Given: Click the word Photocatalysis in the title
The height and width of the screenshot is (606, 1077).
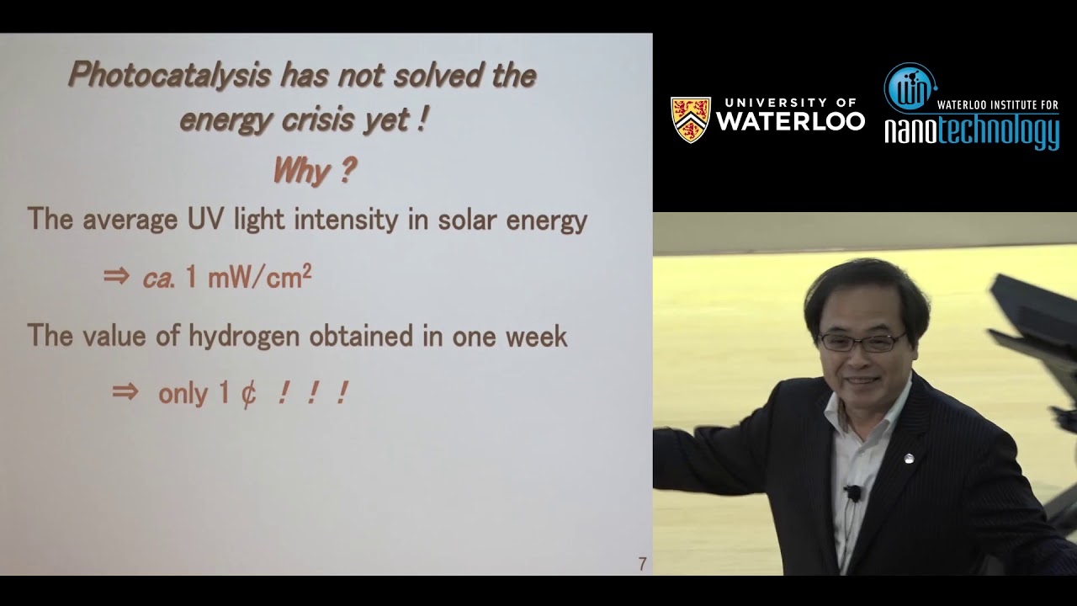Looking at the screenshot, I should pyautogui.click(x=168, y=76).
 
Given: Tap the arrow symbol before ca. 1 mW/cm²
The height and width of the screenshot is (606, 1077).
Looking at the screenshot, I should pyautogui.click(x=115, y=277).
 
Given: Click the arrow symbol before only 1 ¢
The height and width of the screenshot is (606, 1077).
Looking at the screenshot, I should pyautogui.click(x=125, y=392).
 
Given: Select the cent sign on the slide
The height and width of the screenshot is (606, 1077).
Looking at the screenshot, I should pyautogui.click(x=248, y=394).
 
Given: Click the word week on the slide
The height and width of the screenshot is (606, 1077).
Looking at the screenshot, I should pyautogui.click(x=536, y=337).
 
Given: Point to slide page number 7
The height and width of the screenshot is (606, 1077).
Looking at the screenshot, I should pyautogui.click(x=642, y=564).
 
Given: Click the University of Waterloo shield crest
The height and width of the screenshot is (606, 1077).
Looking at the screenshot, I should pyautogui.click(x=690, y=120).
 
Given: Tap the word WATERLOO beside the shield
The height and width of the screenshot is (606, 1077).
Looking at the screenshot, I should pyautogui.click(x=790, y=121).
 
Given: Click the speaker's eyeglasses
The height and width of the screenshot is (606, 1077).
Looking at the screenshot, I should pyautogui.click(x=861, y=342).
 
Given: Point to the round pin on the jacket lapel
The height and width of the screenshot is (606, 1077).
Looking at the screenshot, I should pyautogui.click(x=909, y=459).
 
